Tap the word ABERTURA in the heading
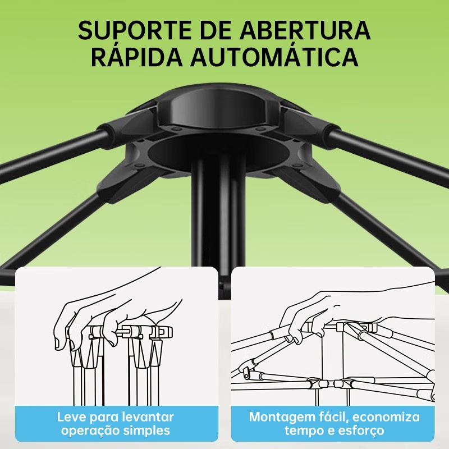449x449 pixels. tap(305, 30)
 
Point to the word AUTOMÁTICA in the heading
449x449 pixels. tap(274, 57)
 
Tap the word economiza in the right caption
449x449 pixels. tap(386, 417)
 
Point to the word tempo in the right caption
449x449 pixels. tap(303, 430)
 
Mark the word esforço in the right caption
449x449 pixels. tap(361, 430)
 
